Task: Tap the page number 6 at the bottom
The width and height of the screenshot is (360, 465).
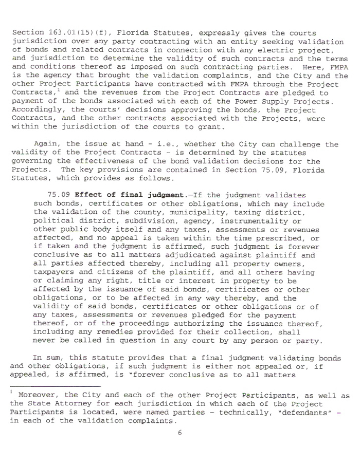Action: (180, 432)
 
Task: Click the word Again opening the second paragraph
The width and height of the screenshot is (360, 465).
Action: (44, 144)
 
